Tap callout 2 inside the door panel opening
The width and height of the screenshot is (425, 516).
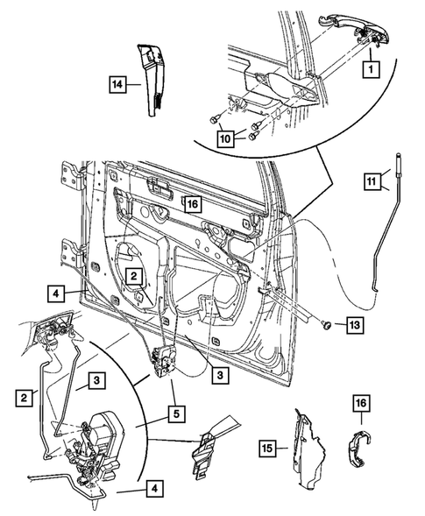click(x=133, y=277)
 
